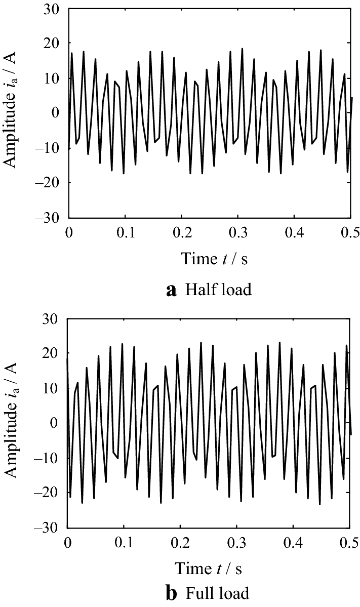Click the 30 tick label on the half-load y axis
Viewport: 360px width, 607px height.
point(53,10)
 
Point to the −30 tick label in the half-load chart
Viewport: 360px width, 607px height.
point(49,218)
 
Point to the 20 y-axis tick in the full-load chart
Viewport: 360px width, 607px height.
point(52,354)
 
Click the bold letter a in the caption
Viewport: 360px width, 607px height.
point(172,291)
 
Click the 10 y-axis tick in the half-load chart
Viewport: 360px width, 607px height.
point(53,79)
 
